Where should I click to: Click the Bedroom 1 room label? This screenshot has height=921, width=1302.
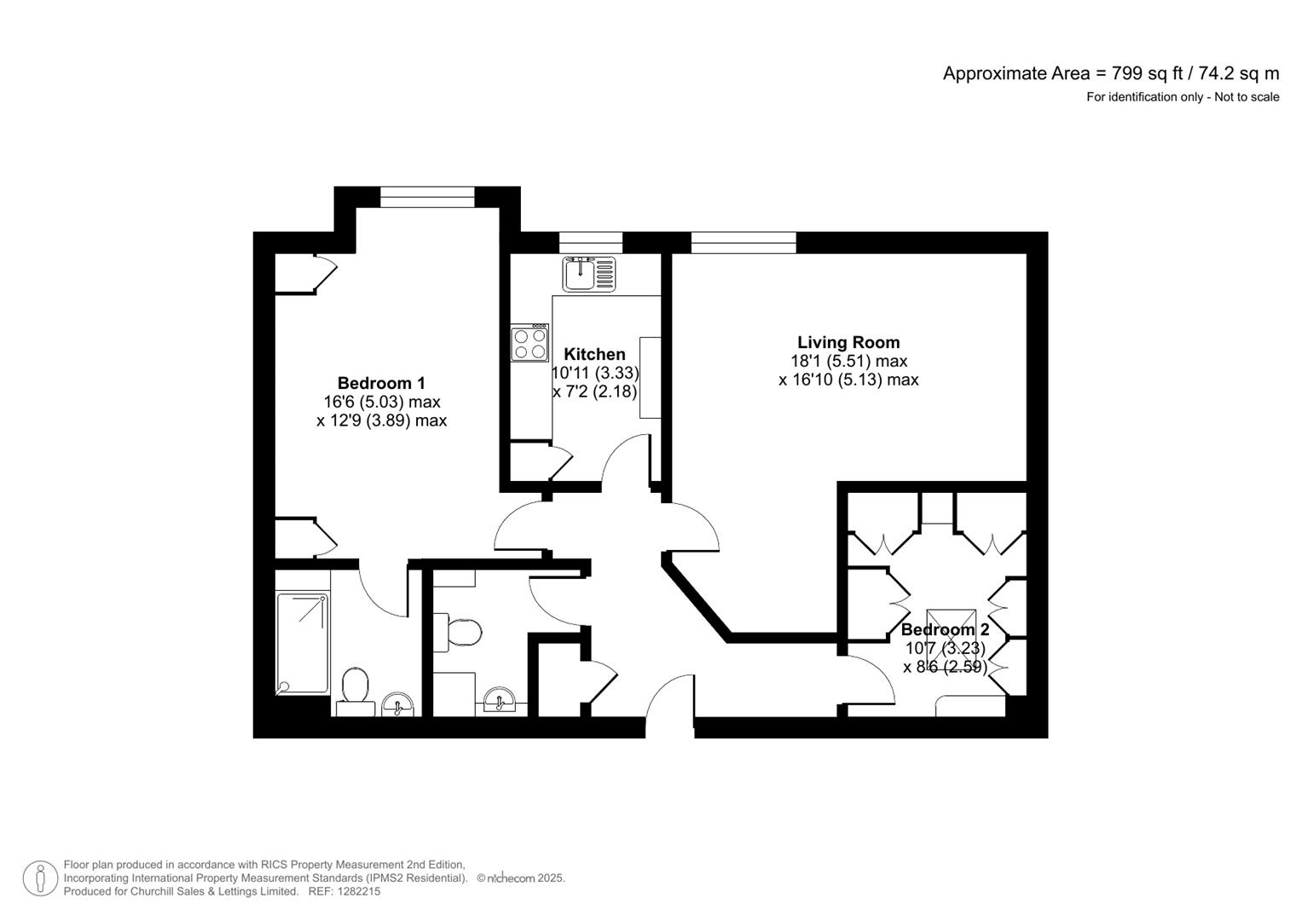click(380, 383)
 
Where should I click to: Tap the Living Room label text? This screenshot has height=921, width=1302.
click(848, 342)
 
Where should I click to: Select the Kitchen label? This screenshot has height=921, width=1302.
click(594, 354)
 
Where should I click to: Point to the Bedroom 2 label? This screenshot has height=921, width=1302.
click(945, 629)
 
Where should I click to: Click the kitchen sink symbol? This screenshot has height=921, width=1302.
click(588, 274)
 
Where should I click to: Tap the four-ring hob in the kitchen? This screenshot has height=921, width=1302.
click(529, 344)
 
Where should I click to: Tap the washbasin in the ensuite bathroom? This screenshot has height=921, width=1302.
click(397, 705)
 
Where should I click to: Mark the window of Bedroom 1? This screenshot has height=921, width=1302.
click(426, 197)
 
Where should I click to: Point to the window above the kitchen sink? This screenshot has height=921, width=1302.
click(590, 242)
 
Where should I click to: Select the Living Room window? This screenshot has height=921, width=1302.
click(743, 242)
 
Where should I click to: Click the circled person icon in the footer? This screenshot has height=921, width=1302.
click(40, 878)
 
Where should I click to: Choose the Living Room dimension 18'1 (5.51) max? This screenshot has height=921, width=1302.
click(848, 361)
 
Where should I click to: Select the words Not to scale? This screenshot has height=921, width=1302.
click(1247, 97)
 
